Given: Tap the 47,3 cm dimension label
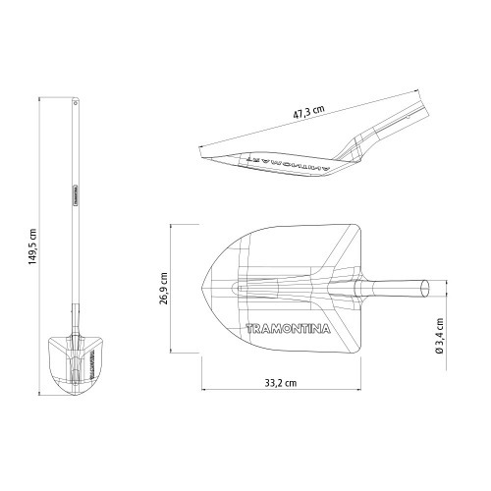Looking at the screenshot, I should click(x=312, y=113).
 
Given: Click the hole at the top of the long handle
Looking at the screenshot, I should click(x=76, y=101).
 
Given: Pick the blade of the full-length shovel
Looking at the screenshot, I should click(x=74, y=363).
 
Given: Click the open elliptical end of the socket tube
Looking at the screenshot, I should click(x=425, y=288).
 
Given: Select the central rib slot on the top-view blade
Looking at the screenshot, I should click(x=265, y=289).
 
